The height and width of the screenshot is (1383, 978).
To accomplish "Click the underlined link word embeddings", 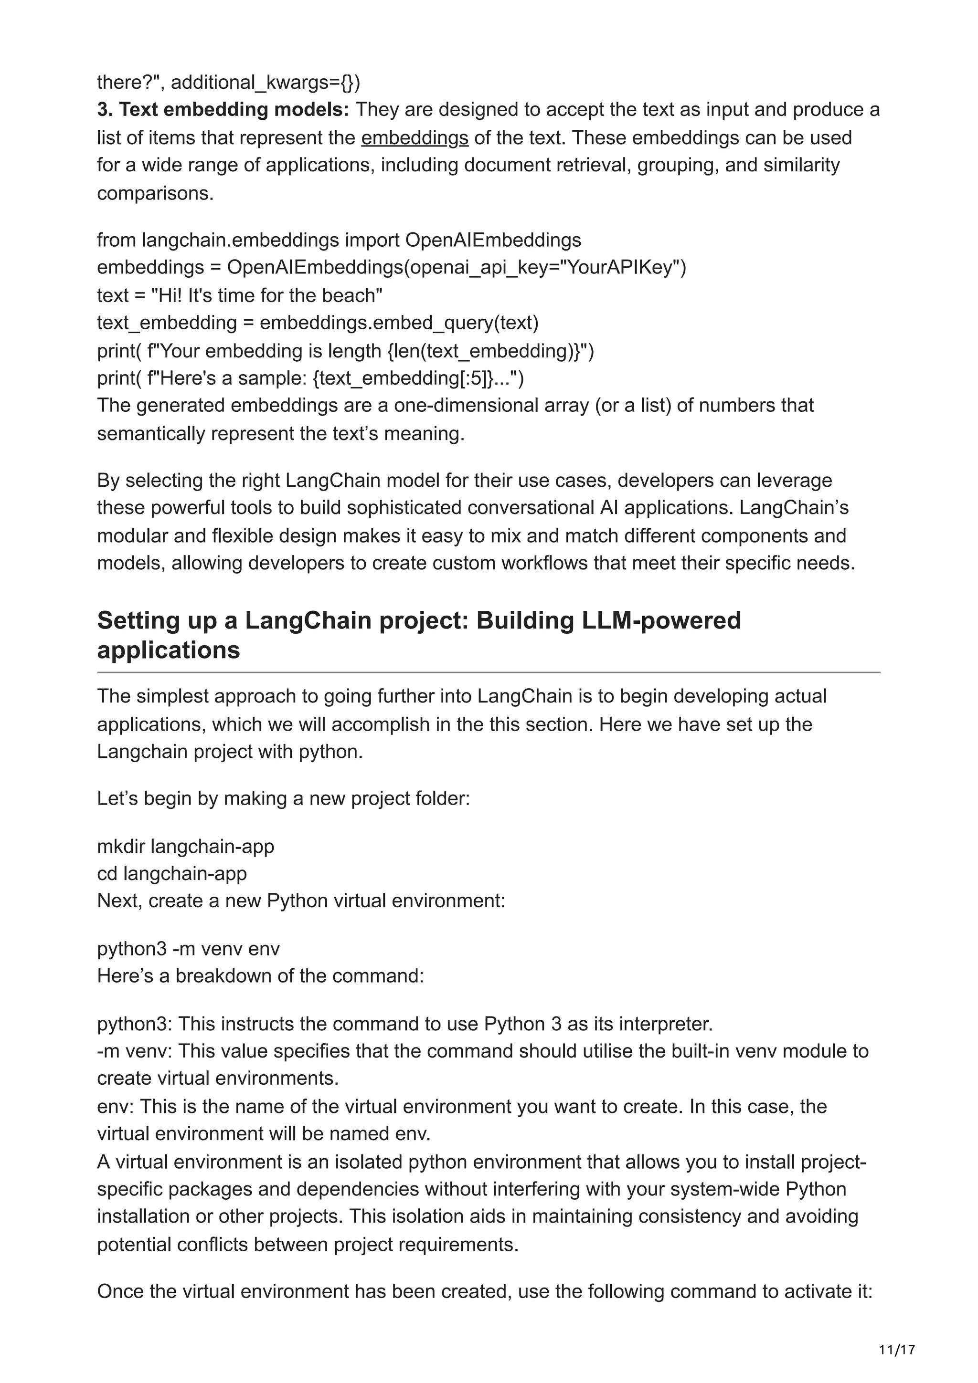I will click(x=415, y=138).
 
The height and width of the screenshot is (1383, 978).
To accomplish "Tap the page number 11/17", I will click(x=897, y=1349).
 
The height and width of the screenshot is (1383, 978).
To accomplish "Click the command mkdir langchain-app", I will click(x=186, y=846).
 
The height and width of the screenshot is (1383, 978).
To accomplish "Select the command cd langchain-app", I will click(x=172, y=873).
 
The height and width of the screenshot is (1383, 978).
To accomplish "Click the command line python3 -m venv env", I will click(x=188, y=949).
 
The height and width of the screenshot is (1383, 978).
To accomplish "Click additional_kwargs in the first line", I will click(x=265, y=83).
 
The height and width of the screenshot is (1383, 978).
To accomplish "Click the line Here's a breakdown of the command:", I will click(x=260, y=976).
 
